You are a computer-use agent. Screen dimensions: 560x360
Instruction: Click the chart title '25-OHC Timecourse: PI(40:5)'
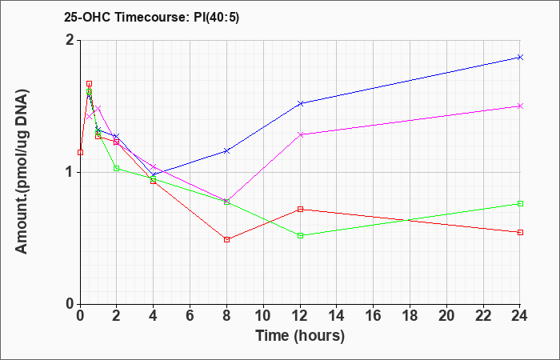pyautogui.click(x=152, y=17)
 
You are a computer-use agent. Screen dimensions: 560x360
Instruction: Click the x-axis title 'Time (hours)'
pyautogui.click(x=300, y=336)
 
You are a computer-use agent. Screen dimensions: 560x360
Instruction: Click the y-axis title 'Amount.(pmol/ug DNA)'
pyautogui.click(x=22, y=171)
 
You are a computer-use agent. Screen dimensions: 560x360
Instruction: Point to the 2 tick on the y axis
pyautogui.click(x=71, y=40)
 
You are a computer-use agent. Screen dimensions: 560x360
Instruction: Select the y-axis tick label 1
pyautogui.click(x=71, y=173)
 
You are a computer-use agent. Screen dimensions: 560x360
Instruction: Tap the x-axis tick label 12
pyautogui.click(x=300, y=316)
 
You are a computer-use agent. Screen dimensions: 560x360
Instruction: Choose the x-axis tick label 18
pyautogui.click(x=410, y=316)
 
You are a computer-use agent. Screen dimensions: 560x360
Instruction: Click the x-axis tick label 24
pyautogui.click(x=520, y=316)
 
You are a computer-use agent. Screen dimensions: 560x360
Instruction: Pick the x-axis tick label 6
pyautogui.click(x=190, y=316)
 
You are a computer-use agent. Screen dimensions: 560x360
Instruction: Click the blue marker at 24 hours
pyautogui.click(x=520, y=57)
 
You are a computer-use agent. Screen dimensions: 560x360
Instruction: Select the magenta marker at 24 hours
pyautogui.click(x=520, y=106)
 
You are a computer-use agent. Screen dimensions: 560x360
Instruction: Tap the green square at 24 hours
pyautogui.click(x=520, y=203)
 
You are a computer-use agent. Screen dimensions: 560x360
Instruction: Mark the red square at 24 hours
pyautogui.click(x=520, y=232)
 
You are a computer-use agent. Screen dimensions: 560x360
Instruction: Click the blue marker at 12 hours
pyautogui.click(x=300, y=103)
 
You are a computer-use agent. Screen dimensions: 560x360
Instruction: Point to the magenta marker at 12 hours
pyautogui.click(x=300, y=134)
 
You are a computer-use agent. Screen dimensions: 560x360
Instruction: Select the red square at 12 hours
pyautogui.click(x=300, y=209)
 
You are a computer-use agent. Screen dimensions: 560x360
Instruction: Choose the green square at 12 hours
pyautogui.click(x=300, y=235)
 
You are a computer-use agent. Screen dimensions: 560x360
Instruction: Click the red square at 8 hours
pyautogui.click(x=226, y=239)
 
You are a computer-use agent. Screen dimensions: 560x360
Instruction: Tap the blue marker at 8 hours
pyautogui.click(x=226, y=151)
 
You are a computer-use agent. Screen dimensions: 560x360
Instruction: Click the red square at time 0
pyautogui.click(x=80, y=153)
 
